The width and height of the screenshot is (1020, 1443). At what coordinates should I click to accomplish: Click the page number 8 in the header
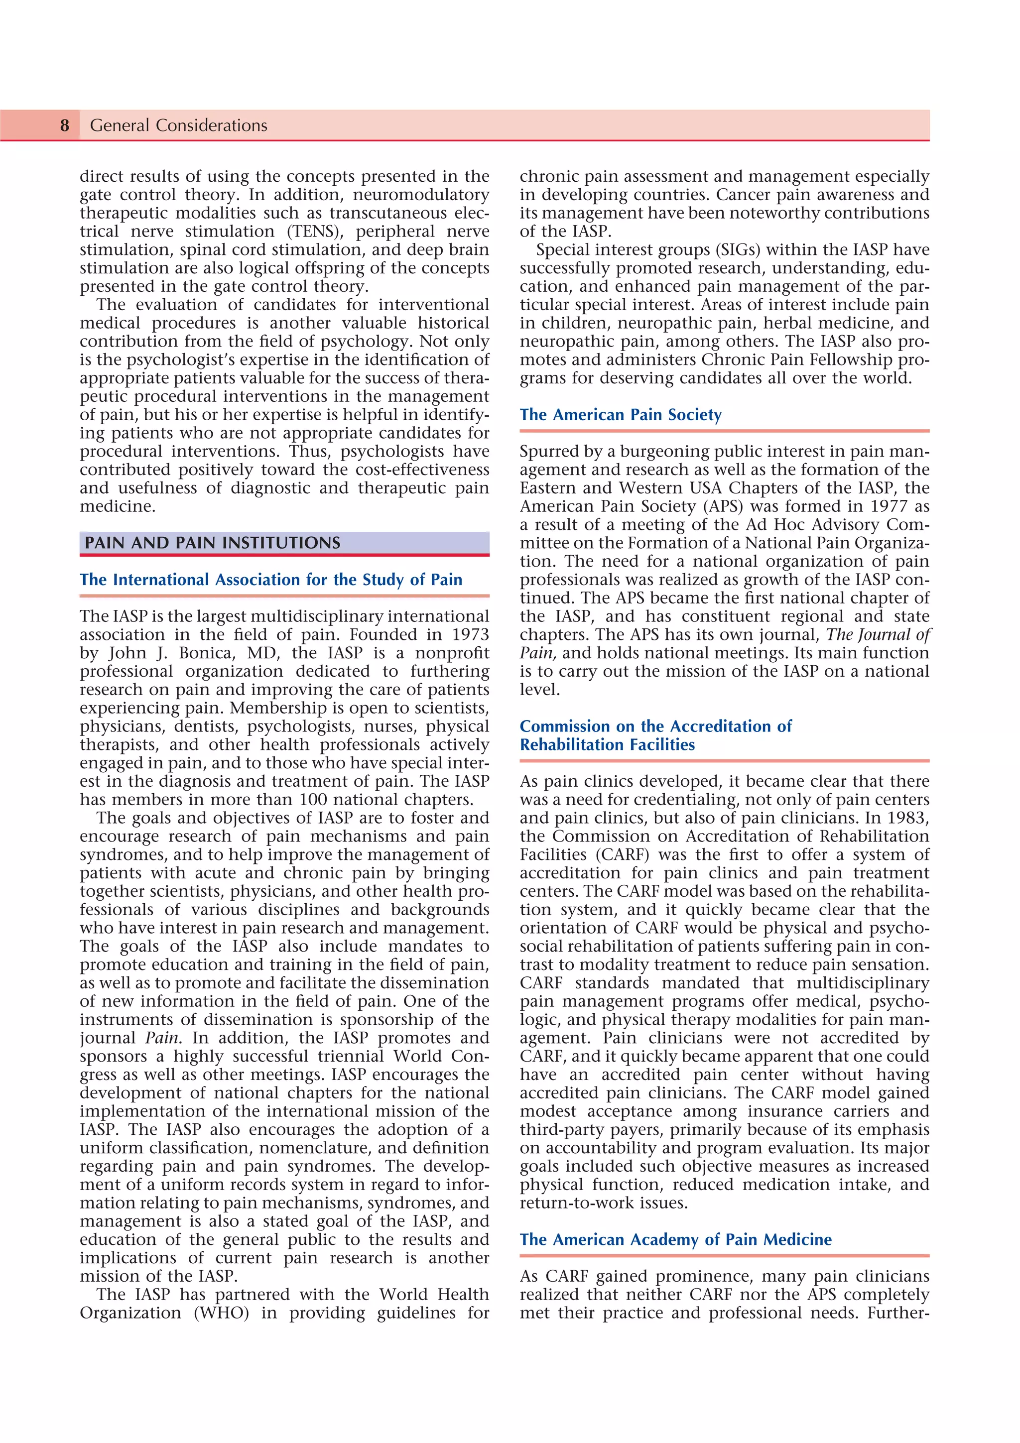pyautogui.click(x=65, y=125)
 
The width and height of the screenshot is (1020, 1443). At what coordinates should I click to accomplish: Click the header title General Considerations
pyautogui.click(x=178, y=125)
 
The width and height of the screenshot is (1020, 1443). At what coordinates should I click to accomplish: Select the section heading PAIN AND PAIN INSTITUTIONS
pyautogui.click(x=213, y=543)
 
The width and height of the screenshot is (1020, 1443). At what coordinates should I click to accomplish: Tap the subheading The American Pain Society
pyautogui.click(x=620, y=415)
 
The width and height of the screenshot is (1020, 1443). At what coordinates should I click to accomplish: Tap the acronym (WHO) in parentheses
pyautogui.click(x=221, y=1313)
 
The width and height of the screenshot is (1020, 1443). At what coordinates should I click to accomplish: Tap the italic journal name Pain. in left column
pyautogui.click(x=163, y=1038)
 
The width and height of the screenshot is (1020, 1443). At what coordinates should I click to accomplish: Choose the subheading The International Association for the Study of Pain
pyautogui.click(x=271, y=580)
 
